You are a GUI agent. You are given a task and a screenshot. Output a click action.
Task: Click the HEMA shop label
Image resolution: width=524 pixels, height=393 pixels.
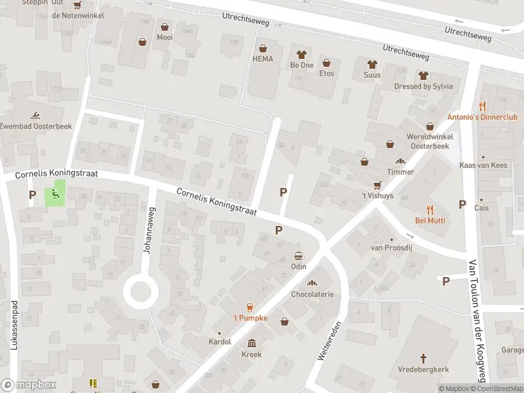(x=263, y=60)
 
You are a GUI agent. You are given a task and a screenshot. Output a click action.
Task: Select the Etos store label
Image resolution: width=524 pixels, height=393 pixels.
(x=326, y=73)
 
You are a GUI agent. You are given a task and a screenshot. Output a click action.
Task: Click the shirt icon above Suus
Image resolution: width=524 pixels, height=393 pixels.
(x=373, y=64)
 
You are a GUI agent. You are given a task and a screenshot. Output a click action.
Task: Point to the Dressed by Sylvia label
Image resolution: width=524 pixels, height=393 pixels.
(x=423, y=86)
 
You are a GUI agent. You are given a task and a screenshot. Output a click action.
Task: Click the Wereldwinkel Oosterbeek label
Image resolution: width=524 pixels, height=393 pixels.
(x=430, y=141)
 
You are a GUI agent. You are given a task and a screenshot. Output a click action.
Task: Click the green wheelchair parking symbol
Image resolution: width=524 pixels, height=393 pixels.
(x=55, y=194)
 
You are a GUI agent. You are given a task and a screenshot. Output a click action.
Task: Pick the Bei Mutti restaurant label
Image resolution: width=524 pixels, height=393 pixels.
(x=430, y=221)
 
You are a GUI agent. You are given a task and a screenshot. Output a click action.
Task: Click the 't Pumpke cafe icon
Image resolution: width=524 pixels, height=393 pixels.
(x=249, y=307)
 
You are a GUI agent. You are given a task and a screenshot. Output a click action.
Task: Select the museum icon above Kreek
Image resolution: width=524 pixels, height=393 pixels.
(x=252, y=343)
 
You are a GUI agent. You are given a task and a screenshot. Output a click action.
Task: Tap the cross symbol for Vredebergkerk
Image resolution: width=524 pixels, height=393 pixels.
(x=423, y=358)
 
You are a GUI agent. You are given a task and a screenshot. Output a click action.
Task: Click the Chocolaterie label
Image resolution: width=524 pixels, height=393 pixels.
(x=312, y=294)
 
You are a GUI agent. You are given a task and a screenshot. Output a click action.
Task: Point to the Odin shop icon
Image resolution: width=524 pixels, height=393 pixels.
(x=299, y=255)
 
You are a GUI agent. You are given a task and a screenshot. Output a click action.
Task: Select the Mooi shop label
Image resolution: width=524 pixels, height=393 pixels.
(x=164, y=38)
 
